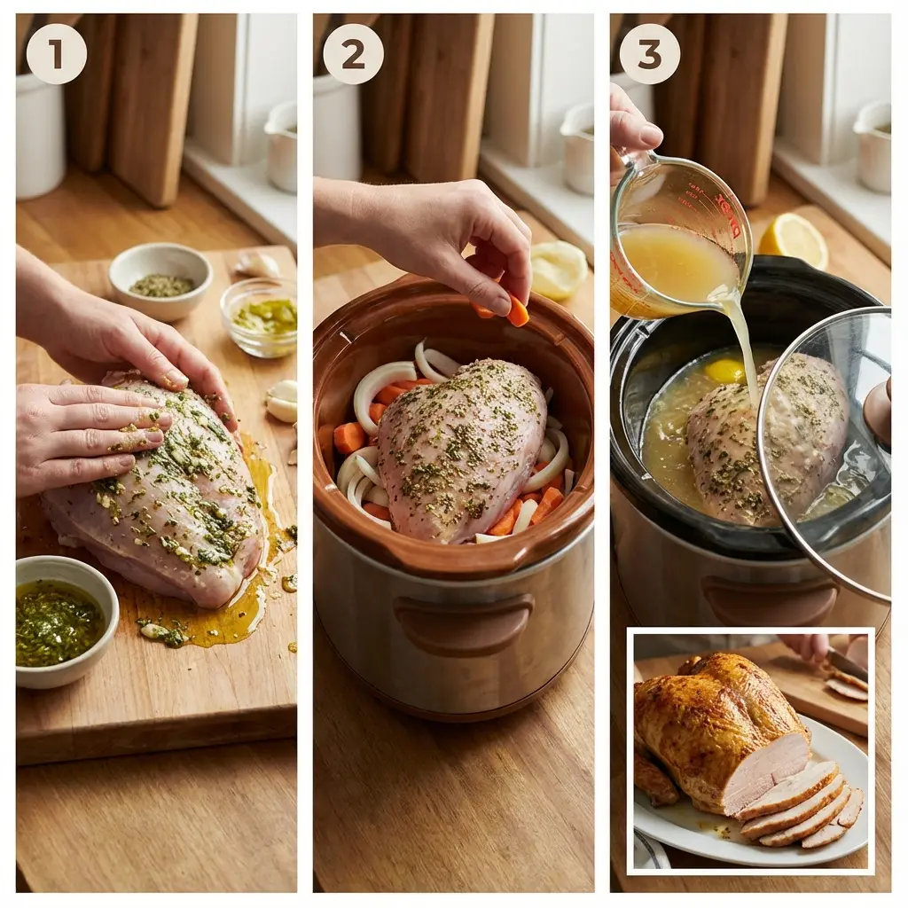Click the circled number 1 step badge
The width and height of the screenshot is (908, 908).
pyautogui.click(x=56, y=54)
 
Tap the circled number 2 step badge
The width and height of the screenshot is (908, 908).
pyautogui.click(x=353, y=54)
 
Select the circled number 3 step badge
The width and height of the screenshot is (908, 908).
pyautogui.click(x=649, y=54)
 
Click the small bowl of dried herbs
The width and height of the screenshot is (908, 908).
pyautogui.click(x=160, y=281)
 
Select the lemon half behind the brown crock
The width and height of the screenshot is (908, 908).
pyautogui.click(x=558, y=270)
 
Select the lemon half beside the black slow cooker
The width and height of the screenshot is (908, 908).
pyautogui.click(x=794, y=239)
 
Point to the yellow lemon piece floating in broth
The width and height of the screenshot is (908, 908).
pyautogui.click(x=724, y=371)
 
